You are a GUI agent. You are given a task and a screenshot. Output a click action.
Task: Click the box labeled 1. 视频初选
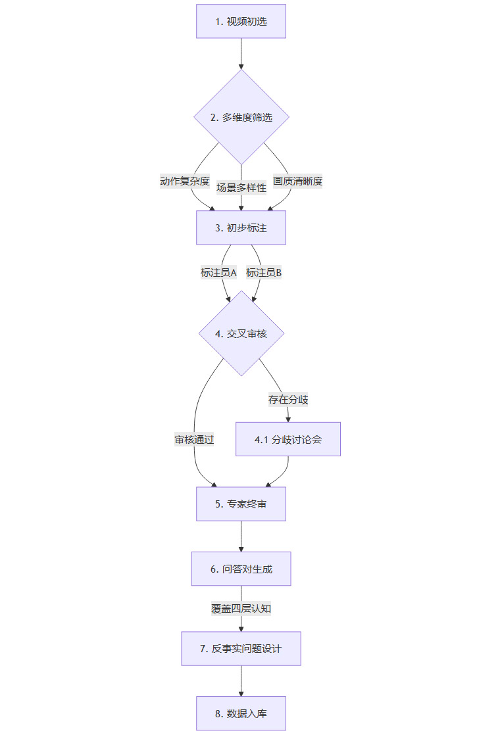click(241, 21)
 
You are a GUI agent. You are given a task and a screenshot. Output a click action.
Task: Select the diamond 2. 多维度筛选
click(241, 118)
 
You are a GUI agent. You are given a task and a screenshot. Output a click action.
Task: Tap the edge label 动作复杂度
click(185, 181)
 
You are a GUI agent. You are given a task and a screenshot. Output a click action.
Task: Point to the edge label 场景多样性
click(241, 187)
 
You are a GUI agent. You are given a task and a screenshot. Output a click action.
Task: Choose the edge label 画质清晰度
click(298, 181)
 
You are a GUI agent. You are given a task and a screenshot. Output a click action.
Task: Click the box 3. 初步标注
click(241, 227)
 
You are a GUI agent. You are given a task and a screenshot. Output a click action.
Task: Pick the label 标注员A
click(218, 272)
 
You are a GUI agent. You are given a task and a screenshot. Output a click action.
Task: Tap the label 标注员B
click(264, 272)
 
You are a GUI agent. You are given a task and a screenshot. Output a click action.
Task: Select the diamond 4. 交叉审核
click(241, 333)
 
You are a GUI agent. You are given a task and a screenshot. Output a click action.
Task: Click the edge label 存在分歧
click(288, 399)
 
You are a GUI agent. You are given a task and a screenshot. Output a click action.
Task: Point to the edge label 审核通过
click(194, 440)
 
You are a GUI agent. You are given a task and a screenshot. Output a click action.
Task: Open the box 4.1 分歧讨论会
click(288, 439)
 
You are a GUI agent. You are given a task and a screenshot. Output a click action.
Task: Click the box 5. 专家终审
click(241, 504)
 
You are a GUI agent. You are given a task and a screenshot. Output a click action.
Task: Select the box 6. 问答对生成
click(241, 569)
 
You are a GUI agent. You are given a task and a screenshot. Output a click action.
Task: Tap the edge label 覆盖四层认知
click(241, 608)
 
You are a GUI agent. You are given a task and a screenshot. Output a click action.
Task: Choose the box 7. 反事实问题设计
click(241, 648)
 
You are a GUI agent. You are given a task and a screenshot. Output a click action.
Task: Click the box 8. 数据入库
click(241, 713)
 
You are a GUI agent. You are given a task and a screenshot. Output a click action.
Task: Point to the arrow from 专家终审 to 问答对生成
click(241, 536)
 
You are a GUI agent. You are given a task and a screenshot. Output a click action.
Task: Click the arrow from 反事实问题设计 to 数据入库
click(241, 681)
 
